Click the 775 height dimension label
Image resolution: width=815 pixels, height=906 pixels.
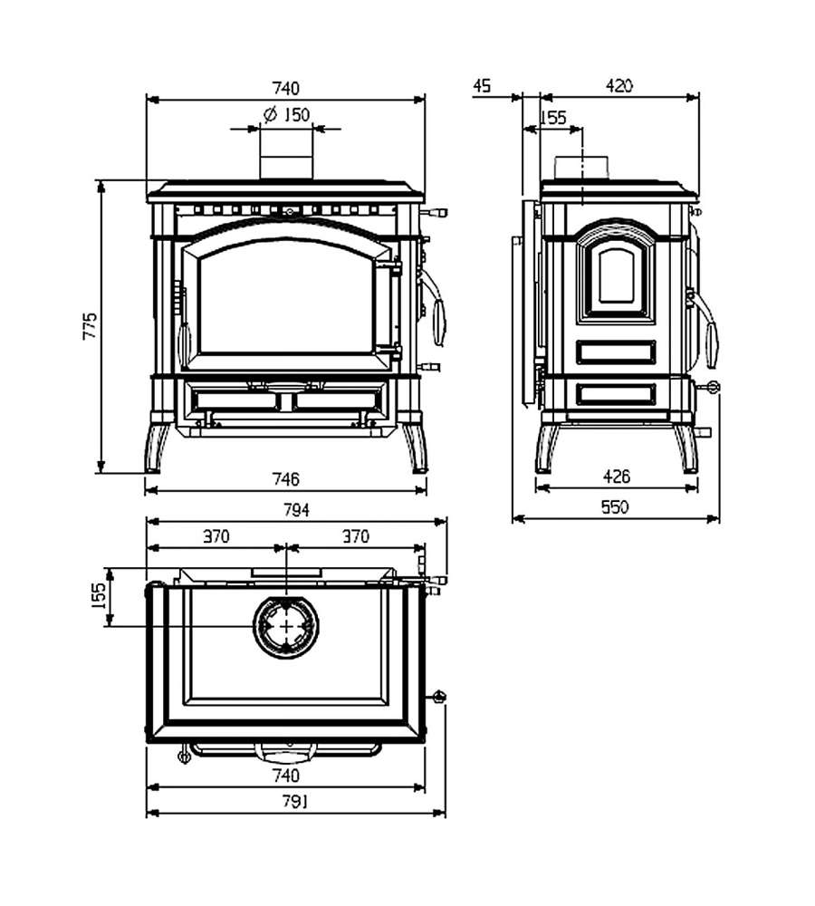click(91, 326)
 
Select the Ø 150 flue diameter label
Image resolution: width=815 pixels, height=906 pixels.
click(287, 114)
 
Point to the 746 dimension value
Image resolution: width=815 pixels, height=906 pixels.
click(286, 479)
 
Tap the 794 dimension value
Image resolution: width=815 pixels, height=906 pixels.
click(296, 510)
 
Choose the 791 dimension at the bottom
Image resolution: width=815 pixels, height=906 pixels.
click(295, 802)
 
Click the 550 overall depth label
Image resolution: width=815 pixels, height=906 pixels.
click(615, 506)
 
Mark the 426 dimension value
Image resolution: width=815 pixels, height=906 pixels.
click(617, 477)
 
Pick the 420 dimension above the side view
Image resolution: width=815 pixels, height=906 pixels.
click(619, 85)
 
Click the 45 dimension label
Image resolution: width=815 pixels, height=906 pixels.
click(482, 85)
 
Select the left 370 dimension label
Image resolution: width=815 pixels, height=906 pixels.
click(216, 536)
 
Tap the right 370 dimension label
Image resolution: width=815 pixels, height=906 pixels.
click(356, 536)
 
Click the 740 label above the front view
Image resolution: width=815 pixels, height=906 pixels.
click(286, 89)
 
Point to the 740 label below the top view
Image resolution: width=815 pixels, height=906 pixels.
click(286, 775)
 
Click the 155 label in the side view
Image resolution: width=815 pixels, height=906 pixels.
click(553, 118)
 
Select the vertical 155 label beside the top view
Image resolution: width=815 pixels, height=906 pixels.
click(99, 596)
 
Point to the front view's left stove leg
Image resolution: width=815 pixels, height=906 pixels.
click(156, 448)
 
